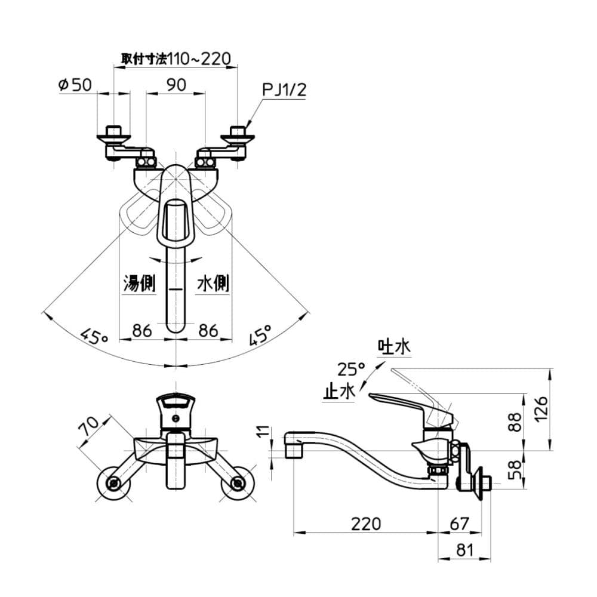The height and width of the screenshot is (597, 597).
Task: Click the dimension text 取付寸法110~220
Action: (176, 59)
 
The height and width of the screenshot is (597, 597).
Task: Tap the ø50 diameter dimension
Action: (75, 85)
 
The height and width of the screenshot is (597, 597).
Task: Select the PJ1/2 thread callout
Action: (284, 90)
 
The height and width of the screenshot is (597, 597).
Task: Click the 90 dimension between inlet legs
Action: (176, 85)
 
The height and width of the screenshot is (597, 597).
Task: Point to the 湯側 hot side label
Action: (139, 283)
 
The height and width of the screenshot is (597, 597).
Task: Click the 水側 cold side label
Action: (213, 283)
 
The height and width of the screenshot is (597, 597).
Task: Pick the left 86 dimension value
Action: (142, 331)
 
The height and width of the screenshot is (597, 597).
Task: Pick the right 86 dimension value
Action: (208, 331)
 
